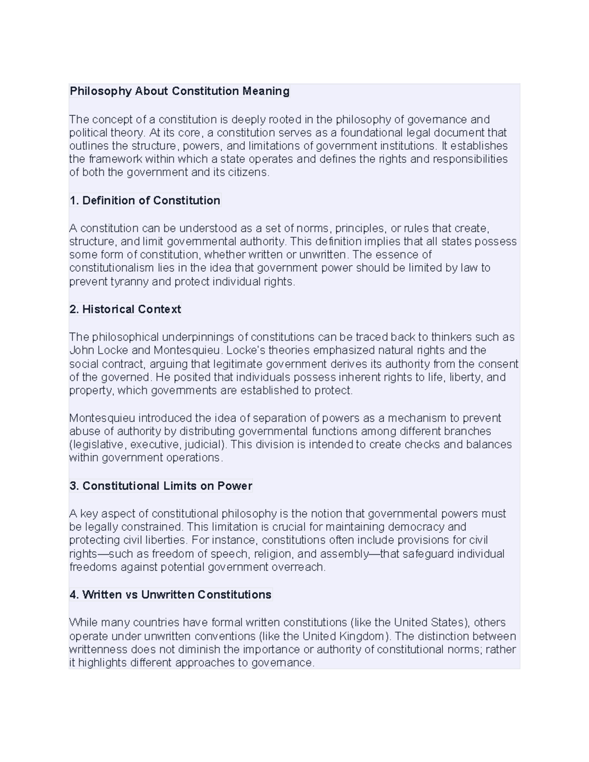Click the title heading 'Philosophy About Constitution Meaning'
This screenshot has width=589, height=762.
coord(179,91)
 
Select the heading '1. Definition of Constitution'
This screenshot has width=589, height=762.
coord(145,201)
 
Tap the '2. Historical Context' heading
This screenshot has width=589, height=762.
coord(125,310)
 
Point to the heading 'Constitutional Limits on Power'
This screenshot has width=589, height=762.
coord(167,486)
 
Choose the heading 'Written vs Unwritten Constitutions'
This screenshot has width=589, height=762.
coord(177,595)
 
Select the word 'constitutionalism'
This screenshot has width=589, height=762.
coord(111,268)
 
